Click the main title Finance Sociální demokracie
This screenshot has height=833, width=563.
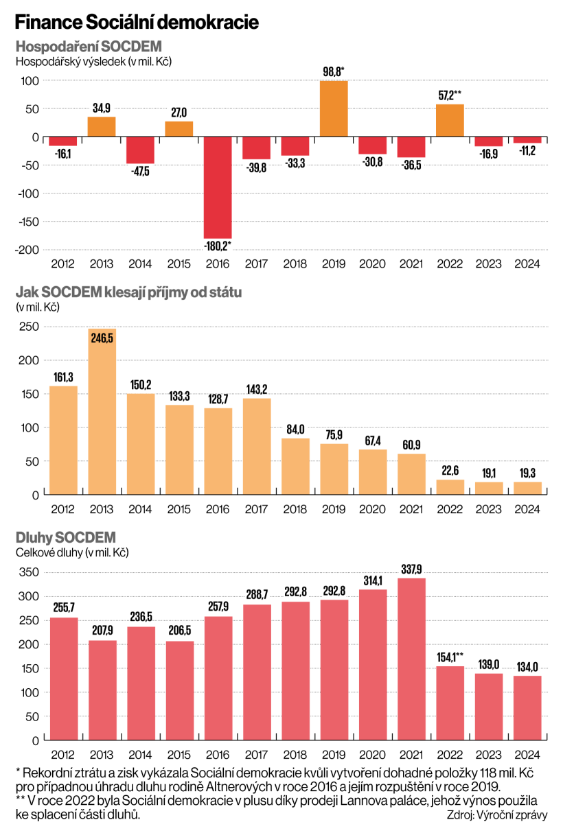[137, 23]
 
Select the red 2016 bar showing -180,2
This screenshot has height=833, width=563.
[217, 187]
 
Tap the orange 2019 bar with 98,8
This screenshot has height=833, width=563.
[334, 108]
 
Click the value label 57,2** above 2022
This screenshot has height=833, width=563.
[450, 95]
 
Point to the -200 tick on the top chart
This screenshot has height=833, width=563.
[27, 250]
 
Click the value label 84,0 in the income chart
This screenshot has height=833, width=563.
[295, 430]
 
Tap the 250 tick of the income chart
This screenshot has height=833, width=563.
[28, 326]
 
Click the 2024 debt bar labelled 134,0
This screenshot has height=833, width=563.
[527, 707]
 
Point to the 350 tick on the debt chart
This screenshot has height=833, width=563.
[28, 572]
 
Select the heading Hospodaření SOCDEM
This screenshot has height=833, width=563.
[89, 47]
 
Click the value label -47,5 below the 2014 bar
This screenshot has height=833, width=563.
[140, 172]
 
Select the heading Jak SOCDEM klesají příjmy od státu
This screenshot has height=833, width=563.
[128, 292]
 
